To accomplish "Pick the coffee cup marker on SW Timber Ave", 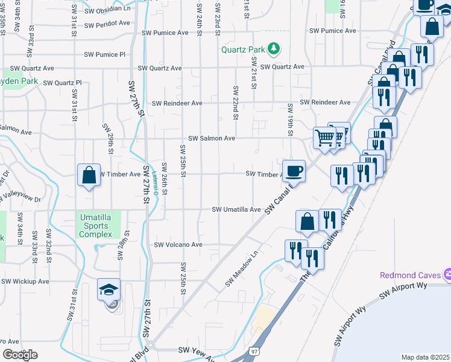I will tap(294, 171).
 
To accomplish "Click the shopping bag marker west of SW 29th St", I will tap(89, 176).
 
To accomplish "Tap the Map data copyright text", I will tap(426, 357).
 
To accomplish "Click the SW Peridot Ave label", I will tap(107, 25).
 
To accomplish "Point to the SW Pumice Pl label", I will tap(104, 54).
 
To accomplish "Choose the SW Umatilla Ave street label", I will tap(236, 209).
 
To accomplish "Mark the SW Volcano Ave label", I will tap(178, 245).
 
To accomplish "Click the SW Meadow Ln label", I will tap(242, 269).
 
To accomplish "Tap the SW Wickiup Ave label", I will tap(25, 281).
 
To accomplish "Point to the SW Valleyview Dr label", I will tap(20, 198).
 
